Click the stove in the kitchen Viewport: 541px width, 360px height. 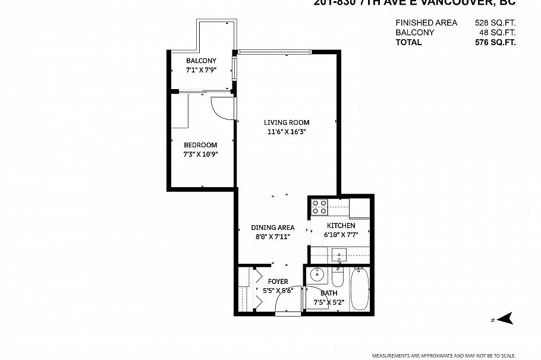pos(319,207)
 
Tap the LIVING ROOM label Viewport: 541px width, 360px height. pos(287,122)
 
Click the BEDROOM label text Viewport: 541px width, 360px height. pos(200,145)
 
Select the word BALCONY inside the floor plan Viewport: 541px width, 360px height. pos(201,61)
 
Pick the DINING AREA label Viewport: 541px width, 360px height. pos(273,228)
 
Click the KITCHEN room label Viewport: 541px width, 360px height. pos(341,226)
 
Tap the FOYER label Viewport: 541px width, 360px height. pos(278,281)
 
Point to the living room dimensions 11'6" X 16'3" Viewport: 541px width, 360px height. pos(287,132)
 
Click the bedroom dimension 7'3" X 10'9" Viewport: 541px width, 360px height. pos(201,154)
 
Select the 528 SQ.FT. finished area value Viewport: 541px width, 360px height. pos(495,23)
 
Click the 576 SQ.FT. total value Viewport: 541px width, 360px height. pos(495,42)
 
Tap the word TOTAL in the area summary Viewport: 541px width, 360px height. pos(408,42)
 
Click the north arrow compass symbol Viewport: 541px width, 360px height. pos(504,320)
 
